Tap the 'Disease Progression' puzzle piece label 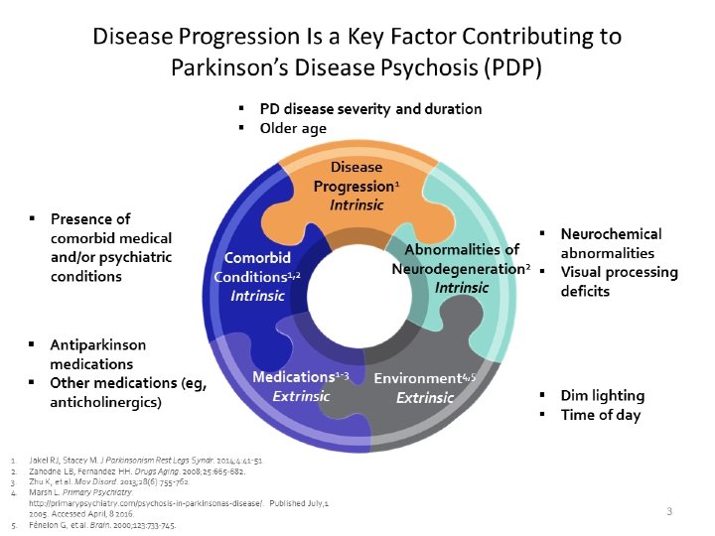click(x=355, y=177)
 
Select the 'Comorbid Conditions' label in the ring click(x=257, y=268)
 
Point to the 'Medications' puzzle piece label click(x=293, y=378)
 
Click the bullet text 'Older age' click(x=293, y=128)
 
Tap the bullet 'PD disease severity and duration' click(x=370, y=108)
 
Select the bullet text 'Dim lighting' click(x=602, y=395)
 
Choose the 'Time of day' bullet click(x=600, y=415)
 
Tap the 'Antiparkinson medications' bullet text click(x=98, y=354)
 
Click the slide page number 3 click(x=669, y=511)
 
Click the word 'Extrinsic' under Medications click(x=301, y=395)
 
